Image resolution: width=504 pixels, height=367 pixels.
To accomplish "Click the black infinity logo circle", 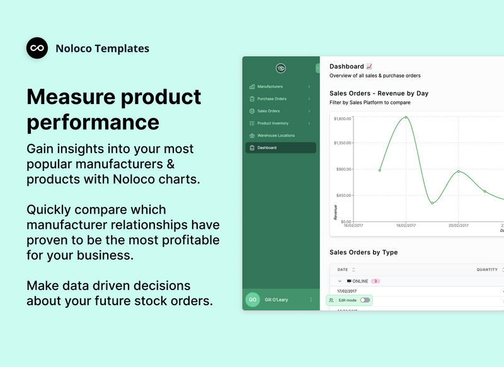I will coord(37,48).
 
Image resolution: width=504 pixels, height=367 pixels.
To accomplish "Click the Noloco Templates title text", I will coord(102,49).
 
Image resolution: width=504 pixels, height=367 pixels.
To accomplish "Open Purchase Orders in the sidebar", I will coord(272,99).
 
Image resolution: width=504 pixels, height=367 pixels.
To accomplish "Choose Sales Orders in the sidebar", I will coord(268,111).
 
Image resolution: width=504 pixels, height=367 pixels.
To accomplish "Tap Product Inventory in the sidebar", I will coord(273,124).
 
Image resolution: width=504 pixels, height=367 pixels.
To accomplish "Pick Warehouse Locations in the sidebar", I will coord(275,136).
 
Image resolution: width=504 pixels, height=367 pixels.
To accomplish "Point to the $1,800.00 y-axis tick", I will coord(342,119).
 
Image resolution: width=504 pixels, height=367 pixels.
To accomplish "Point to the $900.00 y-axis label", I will coord(343,170).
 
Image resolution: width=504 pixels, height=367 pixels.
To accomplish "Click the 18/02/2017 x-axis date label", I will coord(406,225).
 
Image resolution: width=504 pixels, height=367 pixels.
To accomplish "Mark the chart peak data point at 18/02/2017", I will coord(406,117).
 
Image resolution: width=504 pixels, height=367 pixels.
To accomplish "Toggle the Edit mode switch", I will coord(365,300).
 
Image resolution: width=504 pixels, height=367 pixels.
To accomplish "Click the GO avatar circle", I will coord(253,300).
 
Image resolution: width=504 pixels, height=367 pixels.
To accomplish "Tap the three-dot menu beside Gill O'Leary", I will coord(311,300).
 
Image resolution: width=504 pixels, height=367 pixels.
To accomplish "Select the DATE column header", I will coord(343,269).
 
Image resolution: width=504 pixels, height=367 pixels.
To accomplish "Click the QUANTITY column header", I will coord(486,269).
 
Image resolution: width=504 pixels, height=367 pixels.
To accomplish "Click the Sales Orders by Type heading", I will coord(364,252).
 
